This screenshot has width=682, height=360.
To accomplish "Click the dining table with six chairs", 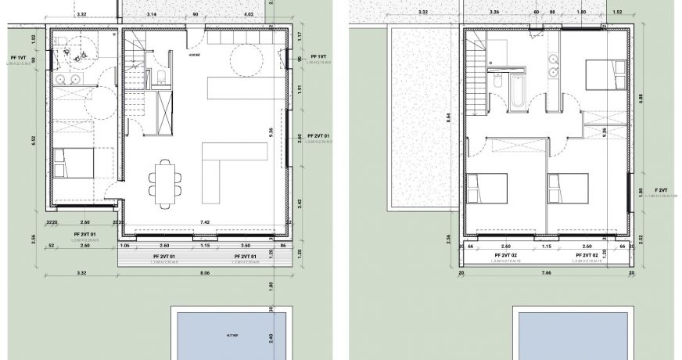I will pyautogui.click(x=165, y=183).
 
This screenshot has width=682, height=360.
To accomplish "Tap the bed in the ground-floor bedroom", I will pyautogui.click(x=74, y=162).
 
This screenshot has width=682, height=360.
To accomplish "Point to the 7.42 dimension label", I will pyautogui.click(x=206, y=223).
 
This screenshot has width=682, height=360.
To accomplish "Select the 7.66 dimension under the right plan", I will pyautogui.click(x=546, y=274).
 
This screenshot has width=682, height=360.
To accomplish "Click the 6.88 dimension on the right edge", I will pyautogui.click(x=641, y=98).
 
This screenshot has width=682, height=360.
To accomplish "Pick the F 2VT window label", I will pyautogui.click(x=662, y=190).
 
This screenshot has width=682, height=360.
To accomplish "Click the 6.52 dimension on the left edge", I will pyautogui.click(x=34, y=141).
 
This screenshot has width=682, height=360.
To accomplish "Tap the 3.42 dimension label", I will pyautogui.click(x=300, y=203).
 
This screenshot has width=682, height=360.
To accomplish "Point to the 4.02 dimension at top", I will pyautogui.click(x=249, y=14).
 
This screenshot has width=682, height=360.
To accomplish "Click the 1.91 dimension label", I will pyautogui.click(x=300, y=89).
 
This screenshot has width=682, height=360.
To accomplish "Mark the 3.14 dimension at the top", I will pyautogui.click(x=151, y=14).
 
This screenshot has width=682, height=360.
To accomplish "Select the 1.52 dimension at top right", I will pyautogui.click(x=617, y=13).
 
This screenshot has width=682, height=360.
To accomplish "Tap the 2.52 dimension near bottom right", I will pyautogui.click(x=641, y=238).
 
